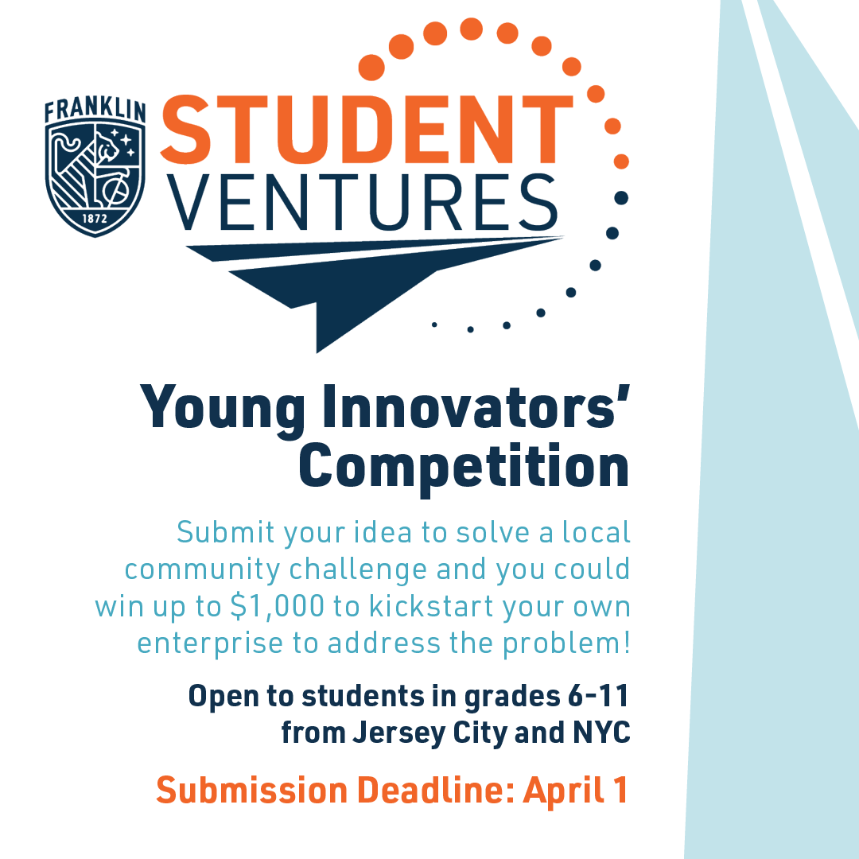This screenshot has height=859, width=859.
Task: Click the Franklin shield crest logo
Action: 95,179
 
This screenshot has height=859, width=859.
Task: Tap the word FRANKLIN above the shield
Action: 95,110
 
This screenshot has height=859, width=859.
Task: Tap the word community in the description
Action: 203,569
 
